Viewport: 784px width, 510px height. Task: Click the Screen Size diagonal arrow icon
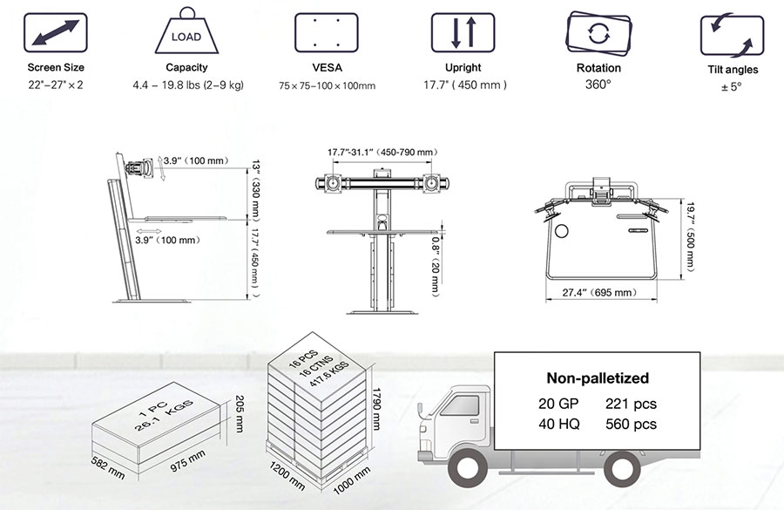pyautogui.click(x=56, y=32)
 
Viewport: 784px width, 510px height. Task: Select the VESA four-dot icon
pyautogui.click(x=327, y=32)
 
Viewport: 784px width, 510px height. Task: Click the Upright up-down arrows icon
pyautogui.click(x=463, y=32)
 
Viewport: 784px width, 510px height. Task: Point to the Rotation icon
pyautogui.click(x=598, y=33)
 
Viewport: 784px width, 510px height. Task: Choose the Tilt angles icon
pyautogui.click(x=732, y=35)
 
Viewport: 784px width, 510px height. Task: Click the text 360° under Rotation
pyautogui.click(x=598, y=85)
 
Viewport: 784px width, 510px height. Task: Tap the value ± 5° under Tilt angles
pyautogui.click(x=732, y=86)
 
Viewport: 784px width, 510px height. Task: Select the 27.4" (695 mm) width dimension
pyautogui.click(x=599, y=292)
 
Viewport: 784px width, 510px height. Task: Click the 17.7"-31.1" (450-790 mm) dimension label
pyautogui.click(x=382, y=153)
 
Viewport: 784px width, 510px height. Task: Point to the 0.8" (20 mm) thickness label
pyautogui.click(x=436, y=266)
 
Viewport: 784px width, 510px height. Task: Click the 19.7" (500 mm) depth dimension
pyautogui.click(x=690, y=237)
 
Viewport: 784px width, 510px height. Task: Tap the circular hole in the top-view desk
pyautogui.click(x=562, y=231)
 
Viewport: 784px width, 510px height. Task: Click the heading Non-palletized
pyautogui.click(x=598, y=377)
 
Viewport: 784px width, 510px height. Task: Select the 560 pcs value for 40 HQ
pyautogui.click(x=631, y=425)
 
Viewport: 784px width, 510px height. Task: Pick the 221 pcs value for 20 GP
pyautogui.click(x=631, y=404)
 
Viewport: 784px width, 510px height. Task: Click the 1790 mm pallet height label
pyautogui.click(x=377, y=408)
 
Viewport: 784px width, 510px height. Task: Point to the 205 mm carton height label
pyautogui.click(x=239, y=414)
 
